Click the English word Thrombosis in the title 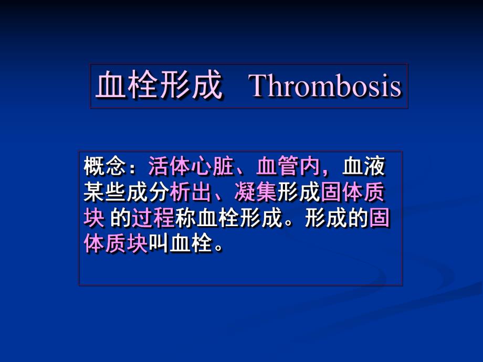325,87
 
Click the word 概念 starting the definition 105,167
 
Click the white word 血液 364,167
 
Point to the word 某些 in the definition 105,193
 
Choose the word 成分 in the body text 148,193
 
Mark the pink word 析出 191,193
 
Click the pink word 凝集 256,193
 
